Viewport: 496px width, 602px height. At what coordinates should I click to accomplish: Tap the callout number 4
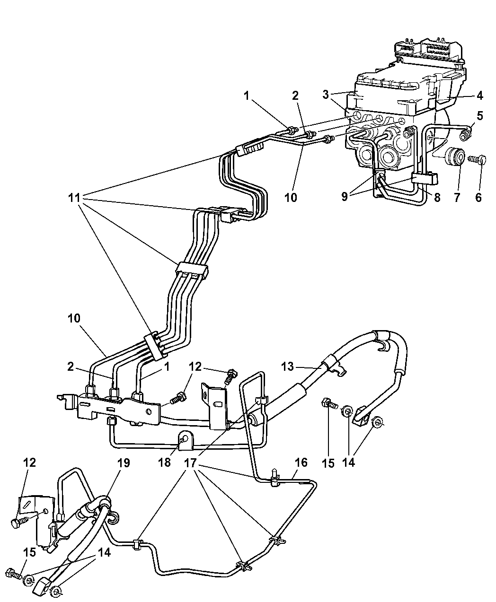(x=479, y=96)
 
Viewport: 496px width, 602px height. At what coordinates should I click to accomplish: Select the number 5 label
(x=480, y=116)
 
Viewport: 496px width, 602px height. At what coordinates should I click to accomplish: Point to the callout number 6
(x=478, y=198)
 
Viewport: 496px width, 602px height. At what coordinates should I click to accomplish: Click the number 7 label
(x=457, y=198)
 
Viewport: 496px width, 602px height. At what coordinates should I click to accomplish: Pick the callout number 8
(x=437, y=198)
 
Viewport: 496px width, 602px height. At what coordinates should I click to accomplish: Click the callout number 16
(x=301, y=462)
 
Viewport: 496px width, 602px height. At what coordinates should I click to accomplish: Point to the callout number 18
(x=165, y=462)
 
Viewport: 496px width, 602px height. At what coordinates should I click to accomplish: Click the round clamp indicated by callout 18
(x=184, y=440)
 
